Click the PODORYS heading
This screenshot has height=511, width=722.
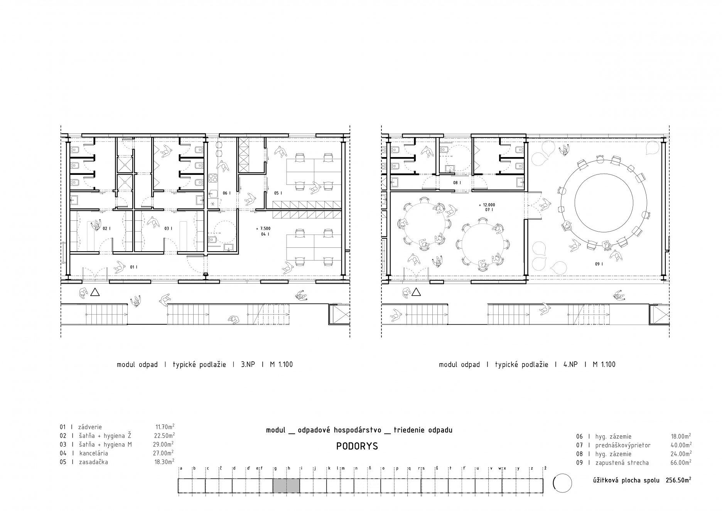357,446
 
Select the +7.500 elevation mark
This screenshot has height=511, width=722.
263,228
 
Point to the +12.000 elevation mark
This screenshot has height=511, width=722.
486,205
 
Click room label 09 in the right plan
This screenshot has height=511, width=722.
599,264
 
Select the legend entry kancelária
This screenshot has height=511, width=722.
94,453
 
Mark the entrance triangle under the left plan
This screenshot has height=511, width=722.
95,293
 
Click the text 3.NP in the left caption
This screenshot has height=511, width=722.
248,364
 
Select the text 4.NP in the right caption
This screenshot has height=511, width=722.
570,364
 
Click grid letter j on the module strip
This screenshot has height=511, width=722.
315,469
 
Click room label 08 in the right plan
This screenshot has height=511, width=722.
457,183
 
